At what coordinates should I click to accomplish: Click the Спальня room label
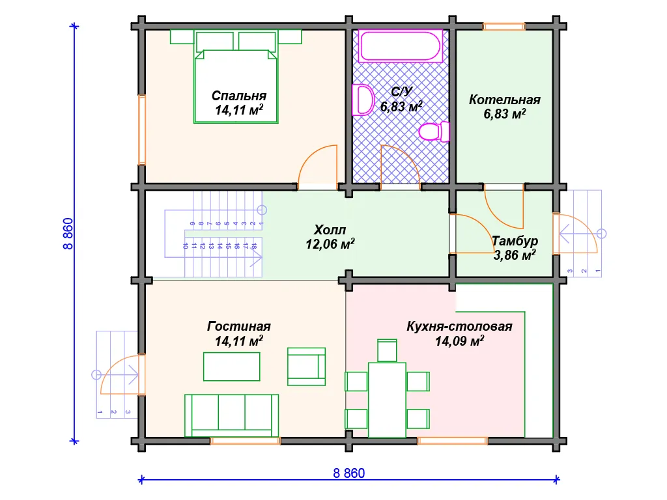point(239,96)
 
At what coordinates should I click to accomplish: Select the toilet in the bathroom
point(434,132)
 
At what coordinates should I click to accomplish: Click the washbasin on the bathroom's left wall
point(362,100)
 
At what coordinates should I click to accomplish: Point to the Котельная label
point(505,100)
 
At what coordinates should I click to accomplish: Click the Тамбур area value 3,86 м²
point(515,255)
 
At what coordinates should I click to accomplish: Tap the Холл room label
point(330,230)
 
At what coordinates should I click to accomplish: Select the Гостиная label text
point(238,326)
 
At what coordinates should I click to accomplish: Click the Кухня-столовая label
point(459,326)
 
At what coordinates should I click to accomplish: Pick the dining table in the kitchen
point(387,400)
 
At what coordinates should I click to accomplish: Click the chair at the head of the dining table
point(387,351)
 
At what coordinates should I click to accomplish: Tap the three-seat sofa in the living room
point(231,415)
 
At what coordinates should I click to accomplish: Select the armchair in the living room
point(306,367)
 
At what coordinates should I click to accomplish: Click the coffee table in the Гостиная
point(231,367)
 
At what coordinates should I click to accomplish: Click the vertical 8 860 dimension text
point(68,234)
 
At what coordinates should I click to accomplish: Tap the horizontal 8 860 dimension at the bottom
point(349,473)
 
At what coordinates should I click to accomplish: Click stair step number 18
point(254,245)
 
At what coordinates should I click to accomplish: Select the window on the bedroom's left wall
point(141,130)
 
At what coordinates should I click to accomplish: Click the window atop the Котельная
point(504,26)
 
